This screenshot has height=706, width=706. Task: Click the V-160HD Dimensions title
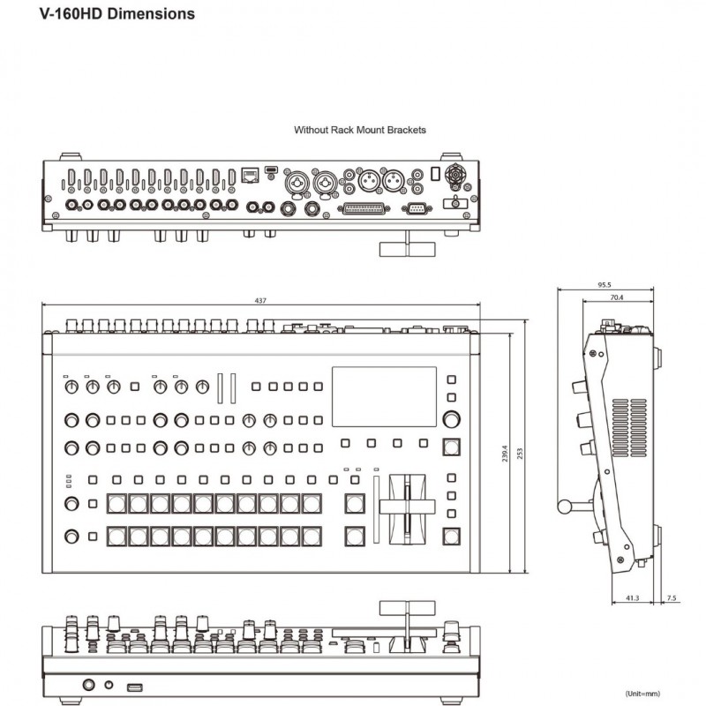click(x=117, y=13)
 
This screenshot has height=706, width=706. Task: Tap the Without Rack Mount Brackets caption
click(x=360, y=130)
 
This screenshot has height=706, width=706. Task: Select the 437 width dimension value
click(x=260, y=300)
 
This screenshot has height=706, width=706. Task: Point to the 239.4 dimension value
click(x=504, y=453)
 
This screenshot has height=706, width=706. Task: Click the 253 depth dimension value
click(x=520, y=453)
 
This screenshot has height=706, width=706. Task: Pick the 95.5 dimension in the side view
click(x=605, y=284)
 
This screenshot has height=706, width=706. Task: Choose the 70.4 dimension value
click(x=617, y=297)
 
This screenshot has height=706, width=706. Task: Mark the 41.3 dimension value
click(x=632, y=598)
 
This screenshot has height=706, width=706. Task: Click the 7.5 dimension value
click(x=672, y=598)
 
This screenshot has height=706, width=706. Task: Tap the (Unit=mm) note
click(x=642, y=694)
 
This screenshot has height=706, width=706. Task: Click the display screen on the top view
click(x=384, y=396)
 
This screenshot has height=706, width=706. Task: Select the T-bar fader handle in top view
click(x=407, y=507)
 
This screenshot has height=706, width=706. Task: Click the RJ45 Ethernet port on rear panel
click(x=250, y=175)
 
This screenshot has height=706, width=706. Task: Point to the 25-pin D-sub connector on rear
click(x=364, y=209)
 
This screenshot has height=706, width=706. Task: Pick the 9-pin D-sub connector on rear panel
click(x=417, y=208)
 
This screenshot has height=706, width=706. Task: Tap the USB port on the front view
click(x=135, y=687)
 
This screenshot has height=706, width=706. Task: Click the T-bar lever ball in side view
click(x=564, y=507)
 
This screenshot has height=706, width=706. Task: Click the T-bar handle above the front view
click(x=407, y=608)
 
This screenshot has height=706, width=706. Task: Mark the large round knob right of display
click(x=451, y=418)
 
